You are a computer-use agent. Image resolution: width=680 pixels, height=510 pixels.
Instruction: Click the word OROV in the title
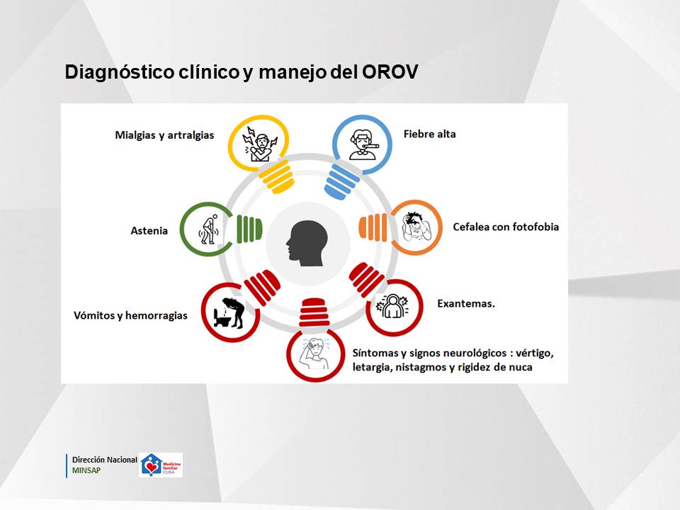coord(390,72)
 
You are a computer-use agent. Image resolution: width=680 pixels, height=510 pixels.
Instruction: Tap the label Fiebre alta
coord(429,134)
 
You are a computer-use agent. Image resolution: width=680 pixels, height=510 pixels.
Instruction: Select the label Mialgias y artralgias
coord(164,135)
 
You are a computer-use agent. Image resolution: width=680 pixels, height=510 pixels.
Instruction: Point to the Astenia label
coord(149,231)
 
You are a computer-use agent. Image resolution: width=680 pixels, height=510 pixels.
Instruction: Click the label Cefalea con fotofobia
coord(506,227)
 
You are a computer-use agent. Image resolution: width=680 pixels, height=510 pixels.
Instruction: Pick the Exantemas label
coord(466,304)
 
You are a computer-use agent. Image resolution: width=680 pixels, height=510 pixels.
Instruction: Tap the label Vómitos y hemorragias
coord(130,315)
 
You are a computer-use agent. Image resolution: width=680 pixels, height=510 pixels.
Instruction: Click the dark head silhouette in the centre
coord(307,243)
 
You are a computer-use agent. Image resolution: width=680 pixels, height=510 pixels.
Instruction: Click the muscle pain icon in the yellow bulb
coord(260,144)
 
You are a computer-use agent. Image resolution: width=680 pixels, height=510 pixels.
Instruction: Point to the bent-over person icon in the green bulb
coord(208,229)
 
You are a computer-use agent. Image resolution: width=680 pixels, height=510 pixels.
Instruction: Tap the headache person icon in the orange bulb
coord(416,227)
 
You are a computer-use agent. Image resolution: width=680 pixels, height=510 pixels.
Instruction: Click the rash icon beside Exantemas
coord(392,306)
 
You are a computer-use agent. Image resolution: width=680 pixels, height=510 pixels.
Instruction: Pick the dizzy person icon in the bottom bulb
coord(315,353)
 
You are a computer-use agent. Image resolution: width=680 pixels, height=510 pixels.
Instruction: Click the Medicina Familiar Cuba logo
coord(161,465)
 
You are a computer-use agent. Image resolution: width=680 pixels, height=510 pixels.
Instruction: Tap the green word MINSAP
coord(86,470)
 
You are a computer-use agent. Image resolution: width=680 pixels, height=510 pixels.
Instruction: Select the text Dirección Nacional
coord(105,460)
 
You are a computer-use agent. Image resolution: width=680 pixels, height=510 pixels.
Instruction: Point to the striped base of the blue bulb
coord(341,182)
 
